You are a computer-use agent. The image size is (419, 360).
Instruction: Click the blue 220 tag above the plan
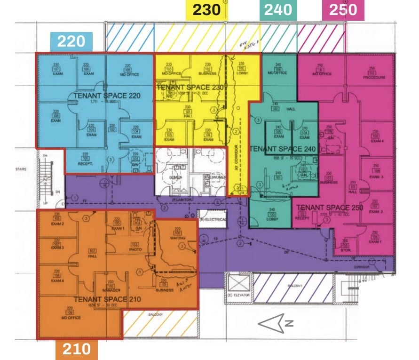point(71,41)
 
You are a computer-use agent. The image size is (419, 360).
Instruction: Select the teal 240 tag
point(278,10)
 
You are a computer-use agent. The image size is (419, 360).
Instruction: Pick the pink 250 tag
point(343,10)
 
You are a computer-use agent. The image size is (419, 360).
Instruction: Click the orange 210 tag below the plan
point(77,349)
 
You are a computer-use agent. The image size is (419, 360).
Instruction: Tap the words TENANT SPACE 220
point(107,96)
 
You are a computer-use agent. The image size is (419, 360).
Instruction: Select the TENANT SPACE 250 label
point(330,208)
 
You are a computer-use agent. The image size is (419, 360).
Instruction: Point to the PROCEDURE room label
point(374,78)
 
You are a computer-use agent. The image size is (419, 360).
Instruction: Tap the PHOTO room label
point(135,249)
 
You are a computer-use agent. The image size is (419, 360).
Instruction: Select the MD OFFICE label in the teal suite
point(277,73)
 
